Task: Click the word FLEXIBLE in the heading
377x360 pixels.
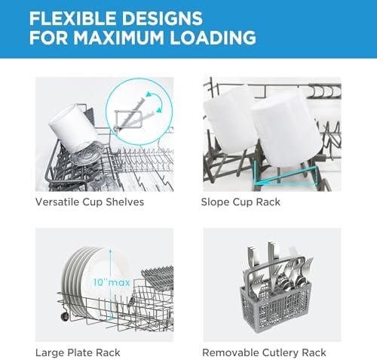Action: click(x=73, y=18)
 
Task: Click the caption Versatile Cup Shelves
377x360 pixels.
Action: click(x=90, y=202)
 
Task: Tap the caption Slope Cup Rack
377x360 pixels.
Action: click(x=241, y=202)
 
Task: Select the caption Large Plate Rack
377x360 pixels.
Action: click(x=78, y=352)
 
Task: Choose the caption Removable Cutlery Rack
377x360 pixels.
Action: click(x=264, y=352)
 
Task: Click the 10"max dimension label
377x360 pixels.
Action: click(x=112, y=282)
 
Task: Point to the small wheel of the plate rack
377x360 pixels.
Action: click(x=65, y=316)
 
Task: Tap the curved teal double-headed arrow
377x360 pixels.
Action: click(x=156, y=102)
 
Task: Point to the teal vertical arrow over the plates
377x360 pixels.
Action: click(x=110, y=285)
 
